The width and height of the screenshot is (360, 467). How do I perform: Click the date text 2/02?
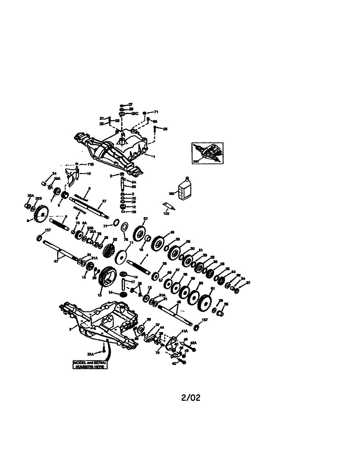coord(191,398)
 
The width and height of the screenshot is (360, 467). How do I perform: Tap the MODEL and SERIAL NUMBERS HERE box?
coord(90,365)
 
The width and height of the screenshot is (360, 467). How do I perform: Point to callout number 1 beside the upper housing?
coord(154,156)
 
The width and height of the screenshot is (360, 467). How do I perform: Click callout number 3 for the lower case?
coord(70,329)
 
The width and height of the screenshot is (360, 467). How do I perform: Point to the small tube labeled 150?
coord(168,206)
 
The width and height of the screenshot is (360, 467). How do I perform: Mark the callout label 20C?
coord(135,114)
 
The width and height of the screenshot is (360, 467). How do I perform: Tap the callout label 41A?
coord(184,332)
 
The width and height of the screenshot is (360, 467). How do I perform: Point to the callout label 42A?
coord(193,343)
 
